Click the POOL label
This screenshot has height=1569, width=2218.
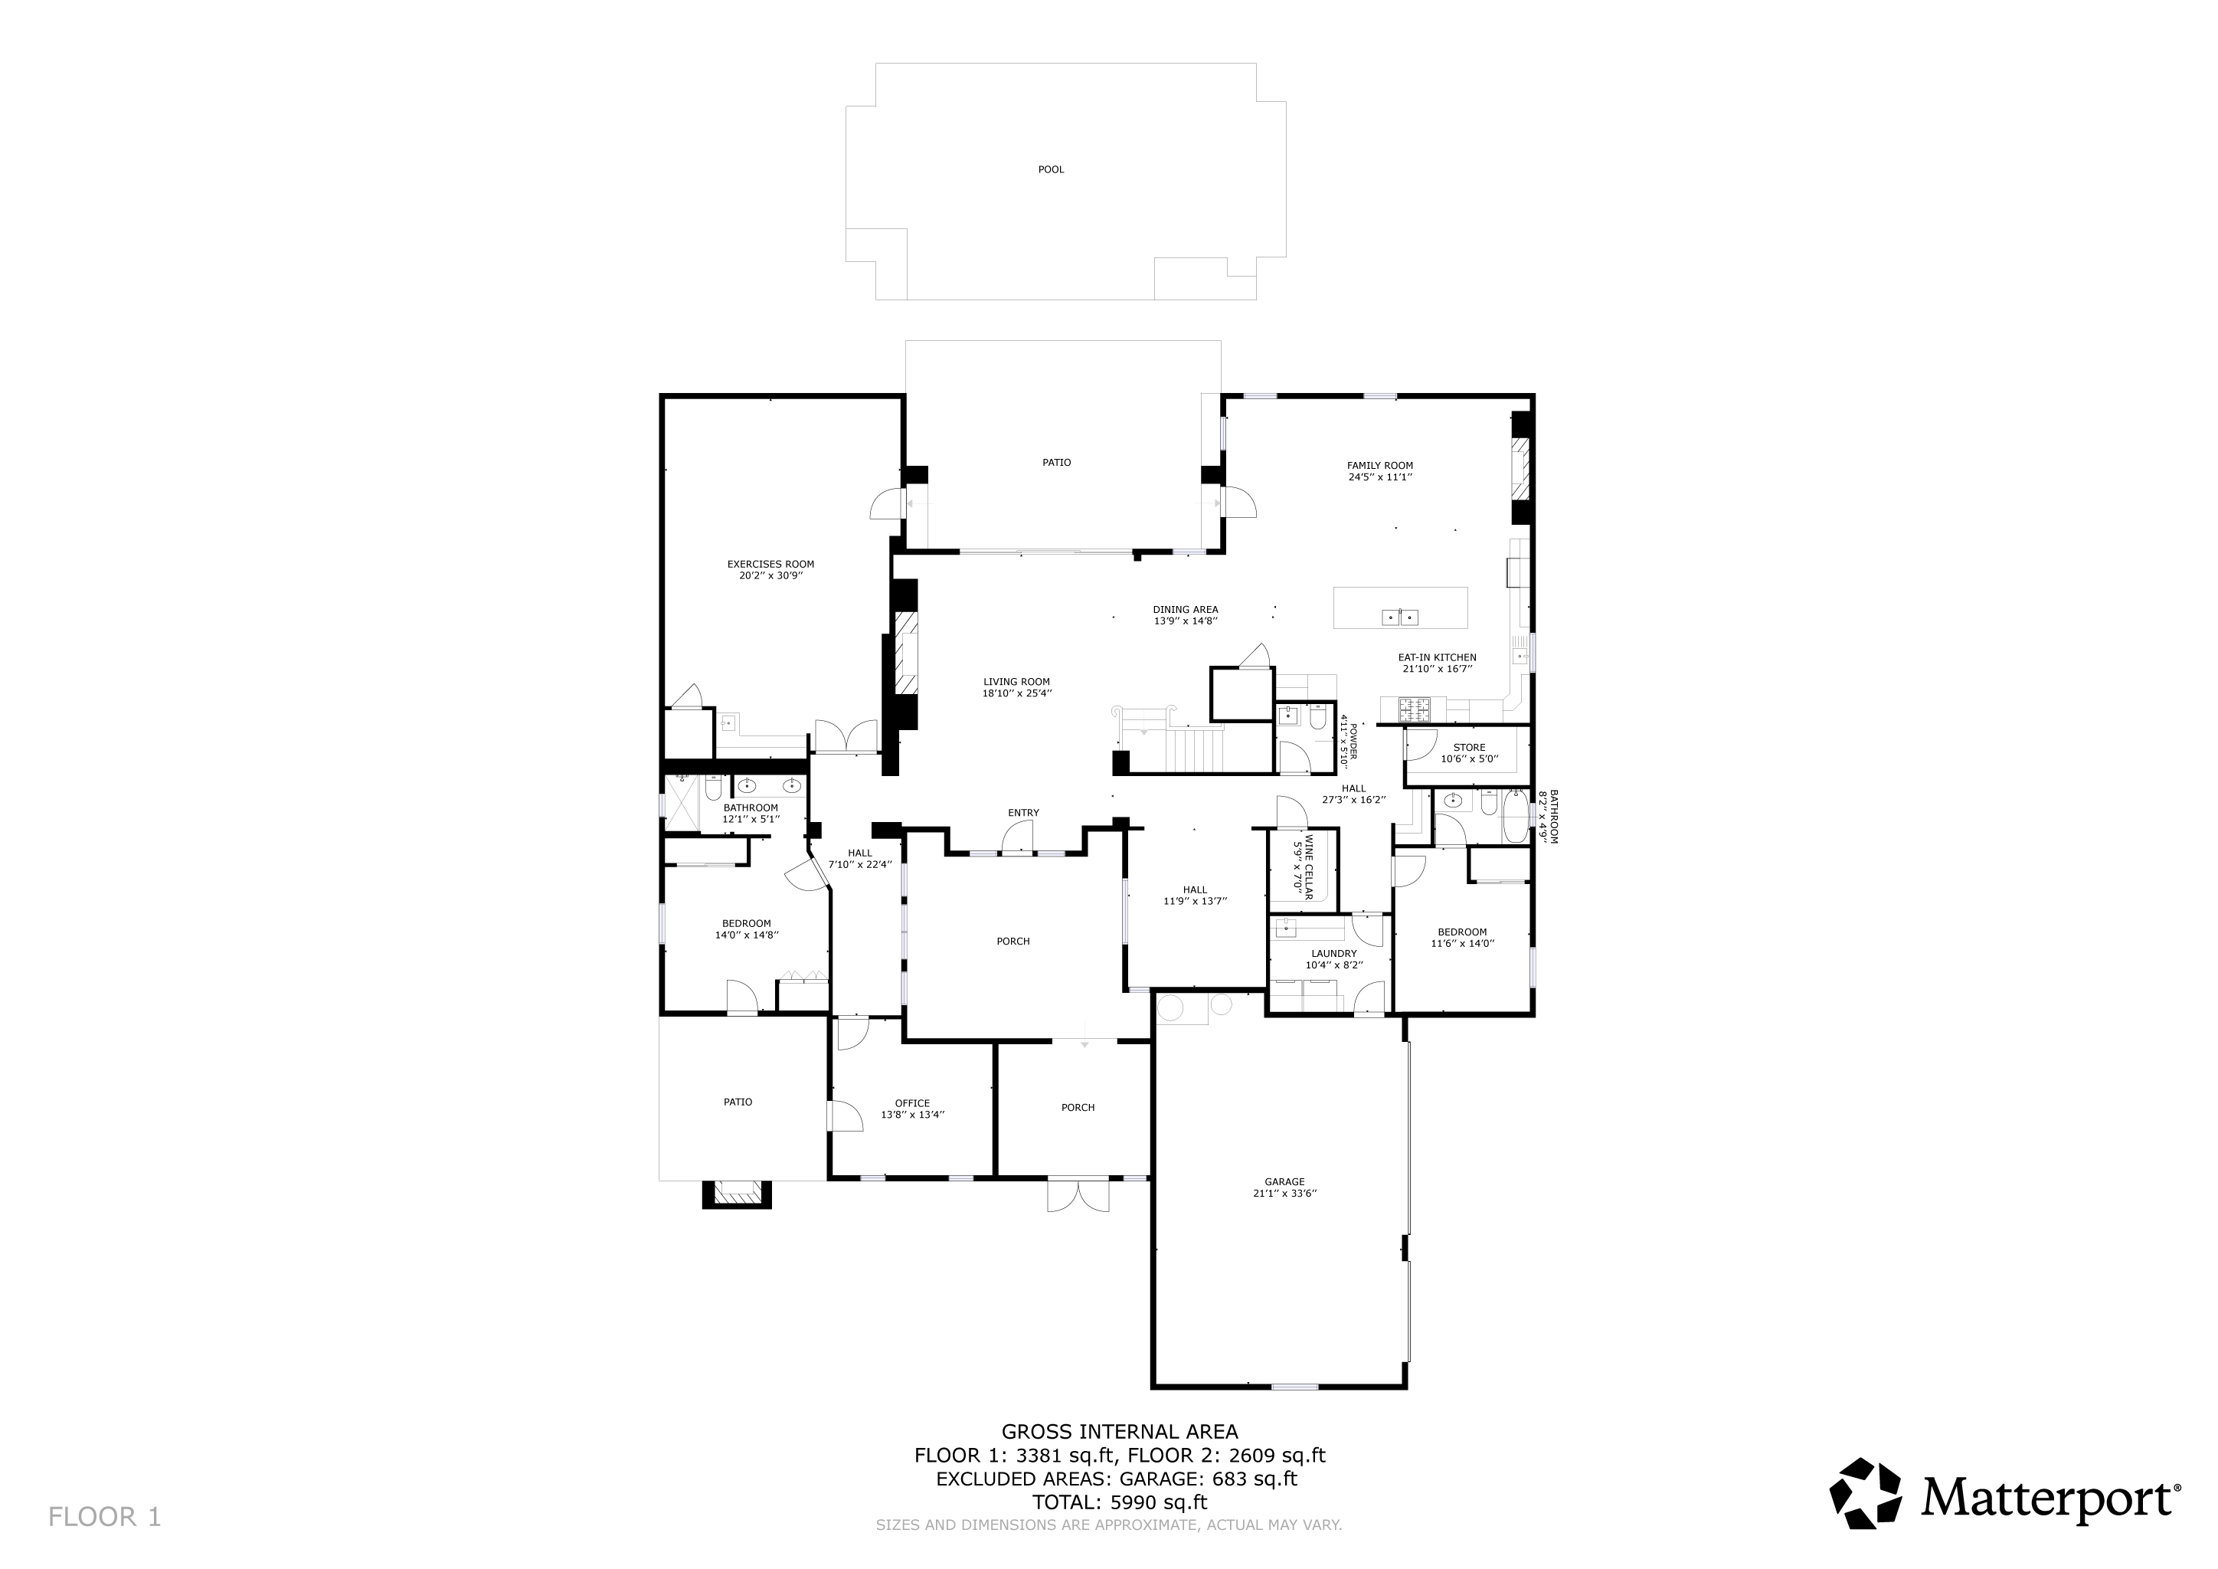tap(1050, 170)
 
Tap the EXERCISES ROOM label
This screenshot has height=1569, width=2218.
tap(770, 564)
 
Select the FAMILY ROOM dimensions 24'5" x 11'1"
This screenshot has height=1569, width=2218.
tap(1379, 477)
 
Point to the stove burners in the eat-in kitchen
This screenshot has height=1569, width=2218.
tap(1412, 710)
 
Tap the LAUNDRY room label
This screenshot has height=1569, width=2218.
tap(1333, 954)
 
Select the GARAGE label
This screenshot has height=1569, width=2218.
tap(1284, 1181)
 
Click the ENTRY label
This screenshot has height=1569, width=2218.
tap(1023, 813)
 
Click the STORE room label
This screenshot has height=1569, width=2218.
tap(1468, 747)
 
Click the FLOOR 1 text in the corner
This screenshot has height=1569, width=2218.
tap(104, 1517)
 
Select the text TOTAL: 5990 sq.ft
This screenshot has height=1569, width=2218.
tap(1119, 1502)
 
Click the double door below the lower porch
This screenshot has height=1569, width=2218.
tap(1078, 1196)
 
